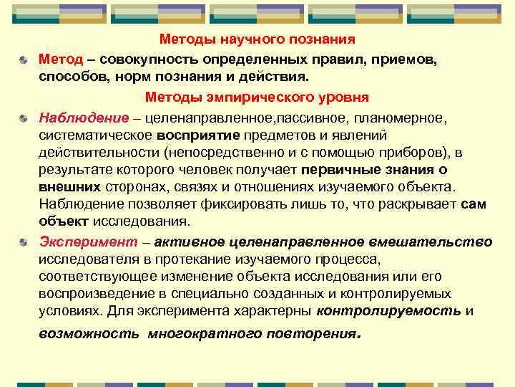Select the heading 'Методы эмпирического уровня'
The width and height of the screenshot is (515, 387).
(x=257, y=97)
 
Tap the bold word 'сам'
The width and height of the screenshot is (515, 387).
(x=474, y=204)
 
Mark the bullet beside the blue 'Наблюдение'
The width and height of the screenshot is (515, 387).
(x=24, y=117)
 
